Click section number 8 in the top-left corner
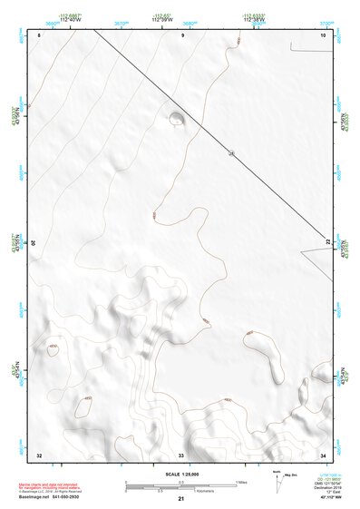pos(40,34)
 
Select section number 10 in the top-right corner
pos(323,34)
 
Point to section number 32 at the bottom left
pos(39,454)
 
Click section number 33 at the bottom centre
pos(181,454)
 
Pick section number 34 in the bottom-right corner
pos(323,454)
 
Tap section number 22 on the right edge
pos(328,240)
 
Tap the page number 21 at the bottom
pos(181,500)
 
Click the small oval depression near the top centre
pos(175,116)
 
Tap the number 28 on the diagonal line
pos(231,153)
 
